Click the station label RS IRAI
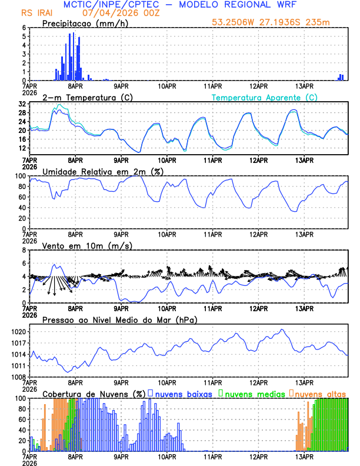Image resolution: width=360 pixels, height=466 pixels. [x=38, y=12]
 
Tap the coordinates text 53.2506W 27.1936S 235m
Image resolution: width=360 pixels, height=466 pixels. [x=278, y=24]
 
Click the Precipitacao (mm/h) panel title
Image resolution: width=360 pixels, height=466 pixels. [x=85, y=24]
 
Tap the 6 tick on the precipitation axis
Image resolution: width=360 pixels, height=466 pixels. [x=24, y=28]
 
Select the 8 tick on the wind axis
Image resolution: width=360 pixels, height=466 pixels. [x=24, y=250]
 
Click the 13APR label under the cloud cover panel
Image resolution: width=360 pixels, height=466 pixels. [x=304, y=457]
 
